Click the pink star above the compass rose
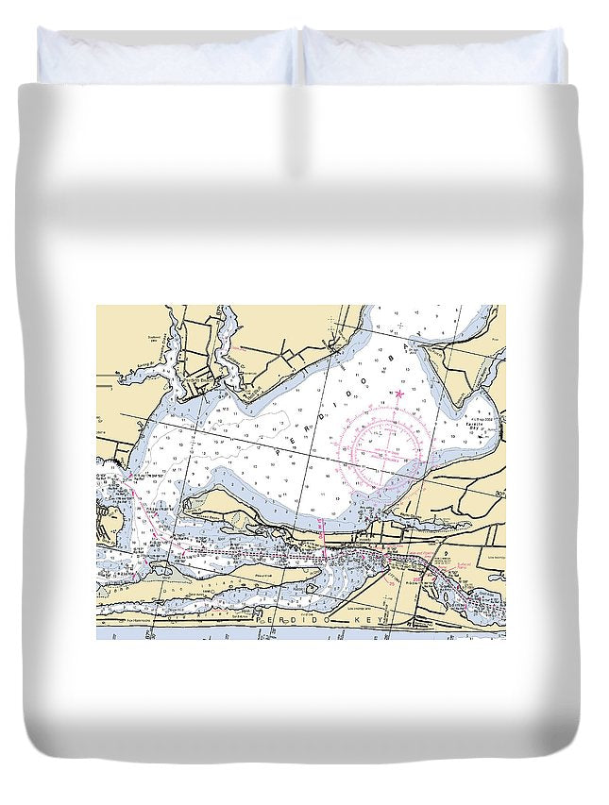point(399,392)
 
